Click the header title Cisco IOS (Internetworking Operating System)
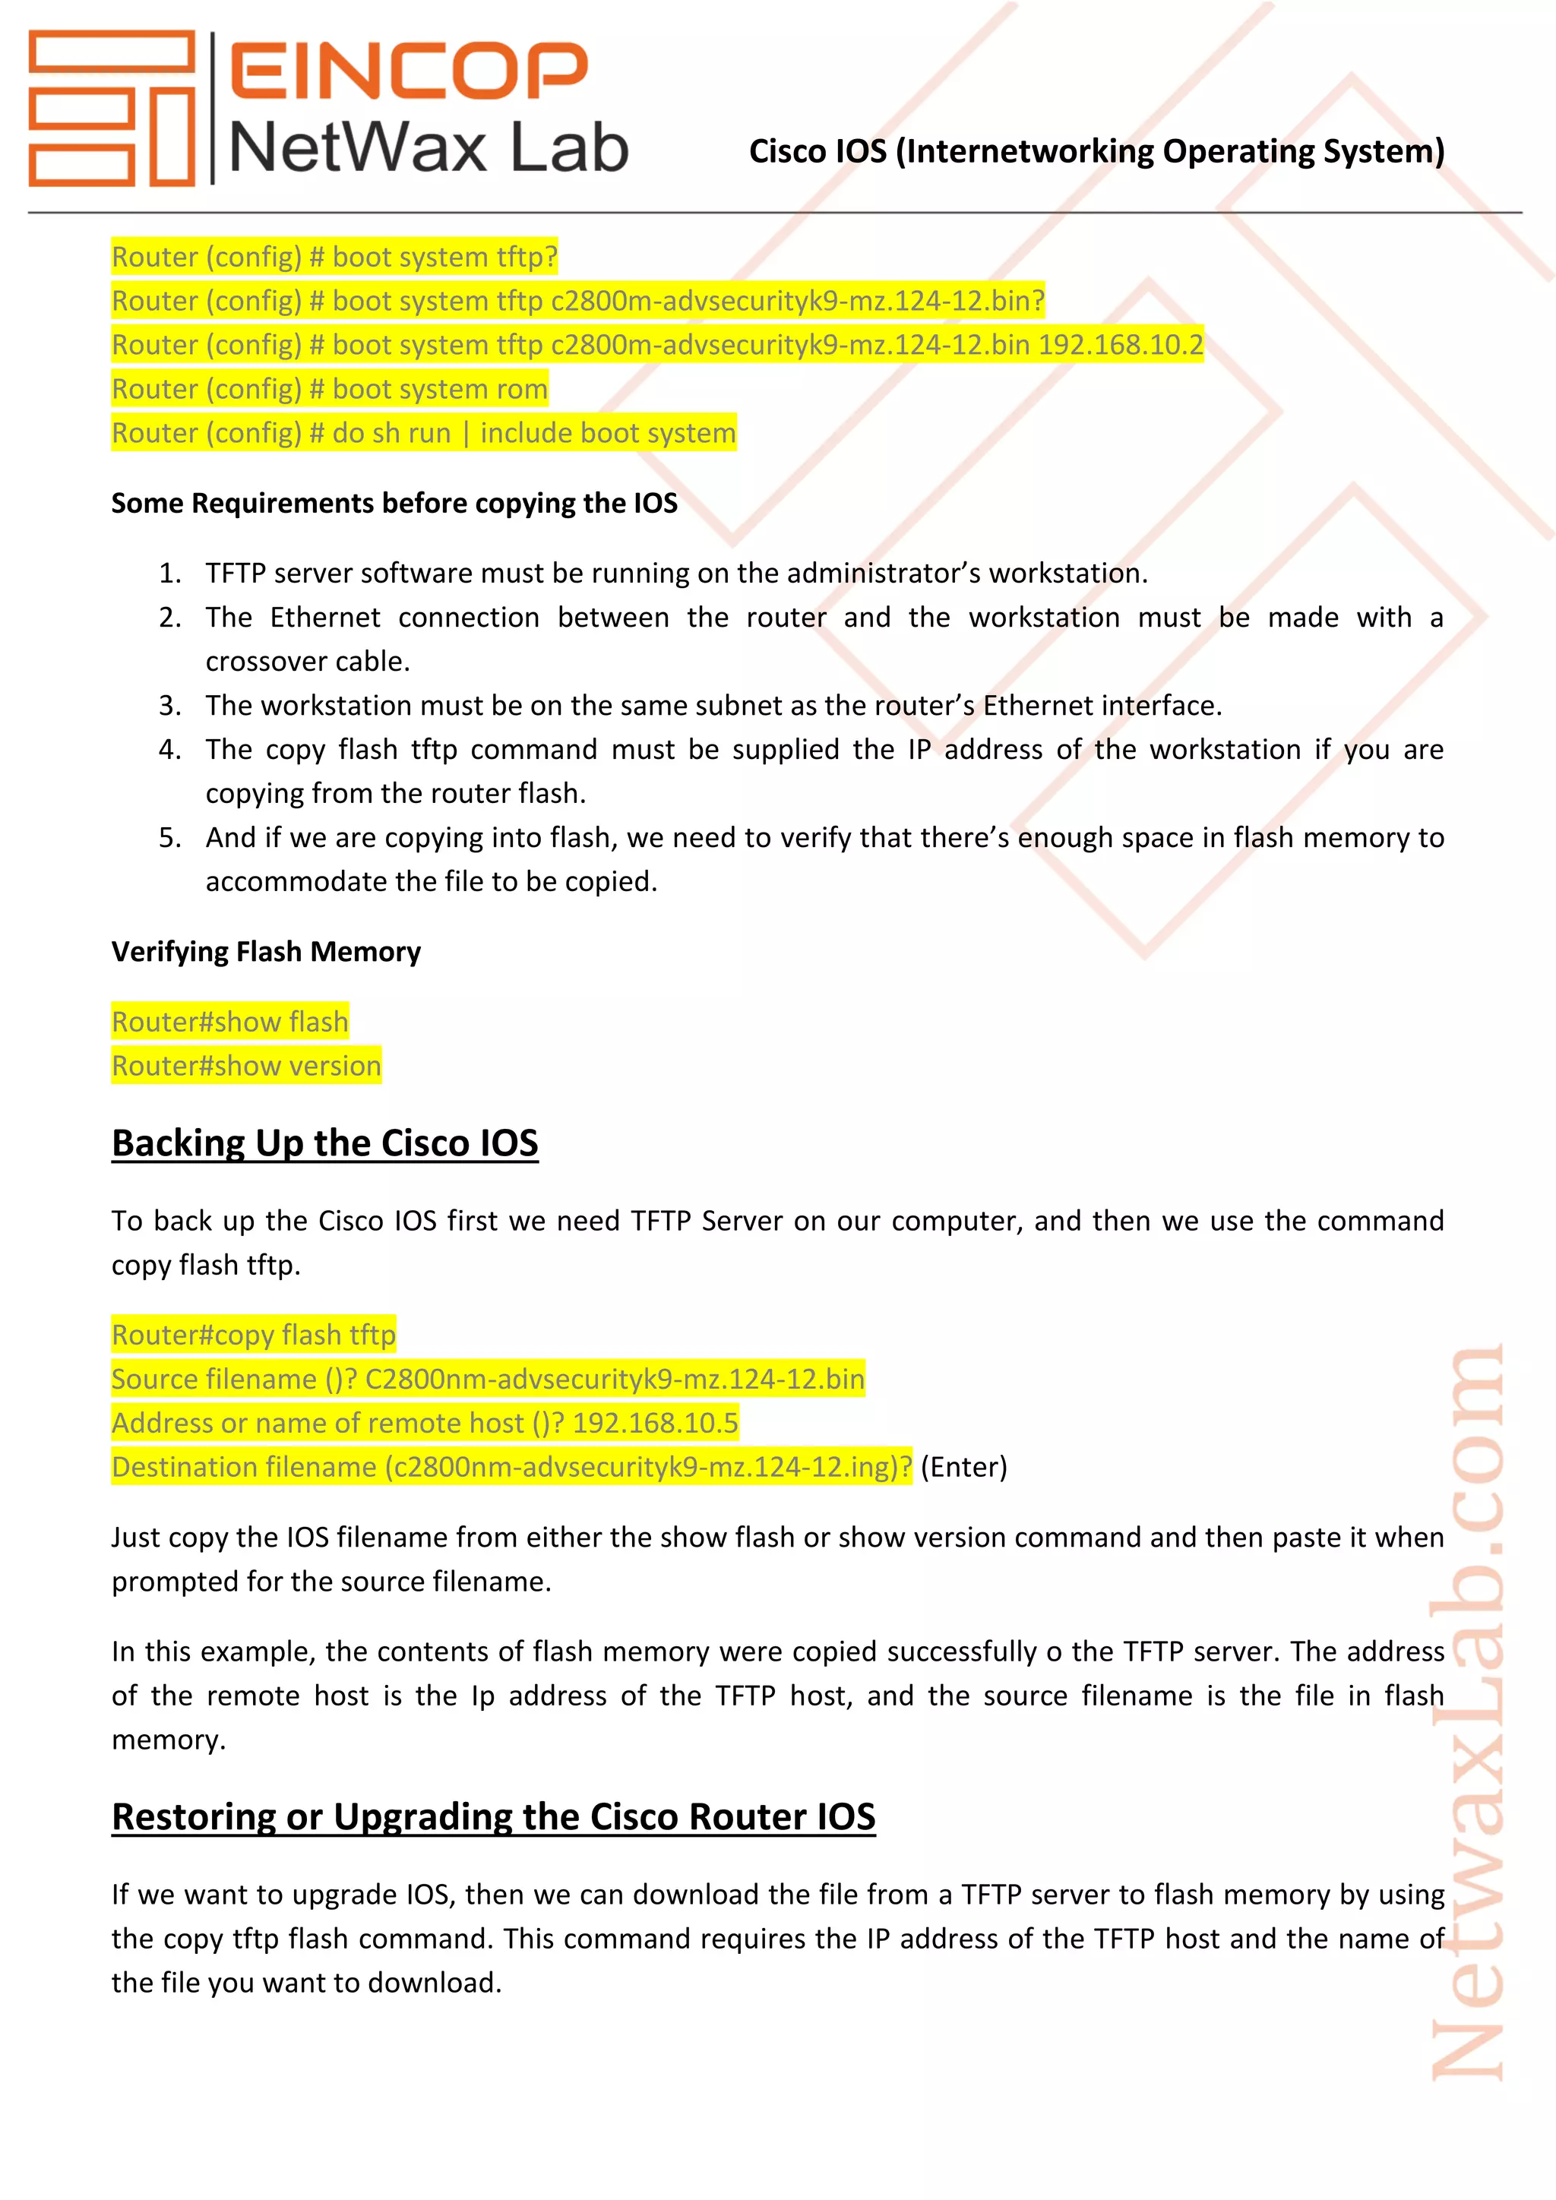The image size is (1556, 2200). [1096, 151]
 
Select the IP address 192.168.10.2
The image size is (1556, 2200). [1120, 345]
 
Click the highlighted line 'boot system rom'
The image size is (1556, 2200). [330, 389]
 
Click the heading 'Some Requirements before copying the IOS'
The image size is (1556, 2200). [394, 503]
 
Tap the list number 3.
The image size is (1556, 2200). [169, 705]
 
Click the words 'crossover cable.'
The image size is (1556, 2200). [308, 661]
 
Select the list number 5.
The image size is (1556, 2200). [169, 837]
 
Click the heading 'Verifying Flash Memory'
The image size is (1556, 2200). [267, 951]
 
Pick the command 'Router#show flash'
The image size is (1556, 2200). [230, 1022]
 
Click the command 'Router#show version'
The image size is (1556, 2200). [246, 1066]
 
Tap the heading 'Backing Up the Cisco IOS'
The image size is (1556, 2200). [325, 1143]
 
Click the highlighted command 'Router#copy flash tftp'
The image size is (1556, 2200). [253, 1335]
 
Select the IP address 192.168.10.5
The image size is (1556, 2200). [656, 1423]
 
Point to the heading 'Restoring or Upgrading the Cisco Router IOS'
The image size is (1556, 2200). [493, 1816]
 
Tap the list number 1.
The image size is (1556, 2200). [169, 573]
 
